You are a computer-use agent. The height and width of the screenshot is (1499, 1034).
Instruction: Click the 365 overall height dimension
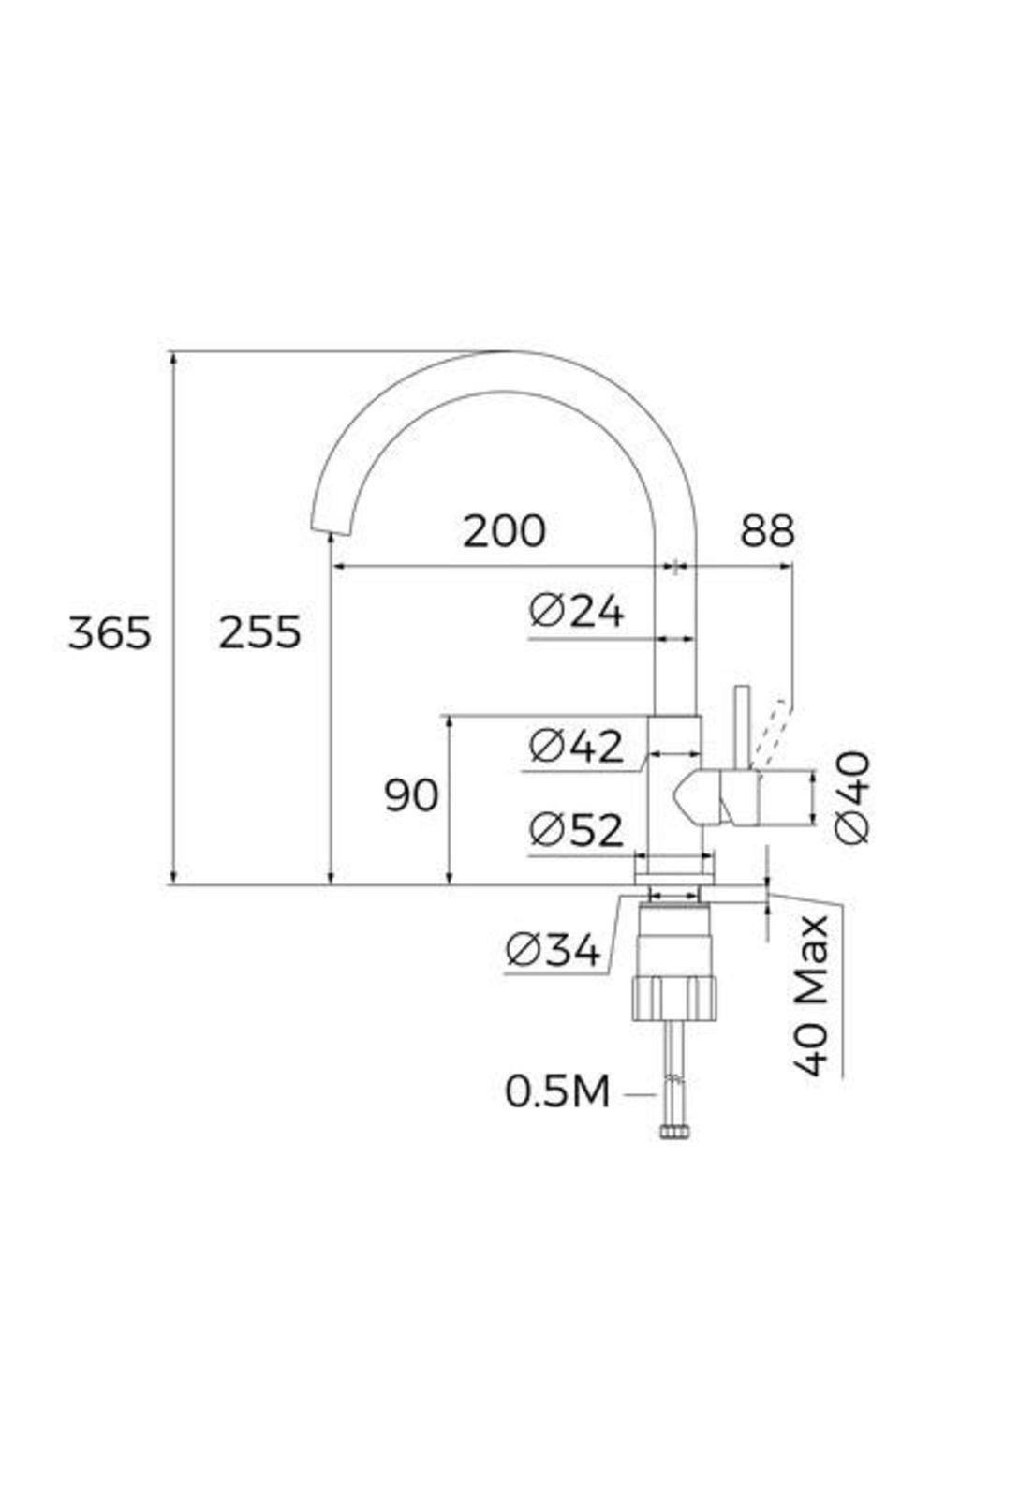(110, 633)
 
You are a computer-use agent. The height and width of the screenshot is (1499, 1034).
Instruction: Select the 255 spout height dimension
(259, 633)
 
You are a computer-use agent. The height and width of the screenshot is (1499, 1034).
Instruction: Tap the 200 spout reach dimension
(505, 531)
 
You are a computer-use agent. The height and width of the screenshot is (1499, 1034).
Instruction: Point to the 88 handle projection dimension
(767, 531)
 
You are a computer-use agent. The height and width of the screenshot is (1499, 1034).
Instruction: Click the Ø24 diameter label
(576, 613)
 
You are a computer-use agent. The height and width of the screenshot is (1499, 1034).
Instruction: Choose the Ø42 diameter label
(576, 747)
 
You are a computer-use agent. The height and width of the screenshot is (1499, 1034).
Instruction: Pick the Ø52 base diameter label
(576, 830)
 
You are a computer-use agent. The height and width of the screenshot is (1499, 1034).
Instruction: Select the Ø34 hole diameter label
(553, 952)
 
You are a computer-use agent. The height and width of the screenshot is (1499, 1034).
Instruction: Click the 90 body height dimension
(411, 796)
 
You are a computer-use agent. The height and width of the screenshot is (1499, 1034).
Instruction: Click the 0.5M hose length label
(557, 1092)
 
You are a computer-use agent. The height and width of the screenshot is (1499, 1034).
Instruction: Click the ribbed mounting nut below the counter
(674, 997)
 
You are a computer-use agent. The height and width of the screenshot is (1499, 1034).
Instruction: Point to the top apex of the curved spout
(506, 354)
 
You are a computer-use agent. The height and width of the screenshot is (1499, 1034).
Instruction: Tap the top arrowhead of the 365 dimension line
(172, 357)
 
